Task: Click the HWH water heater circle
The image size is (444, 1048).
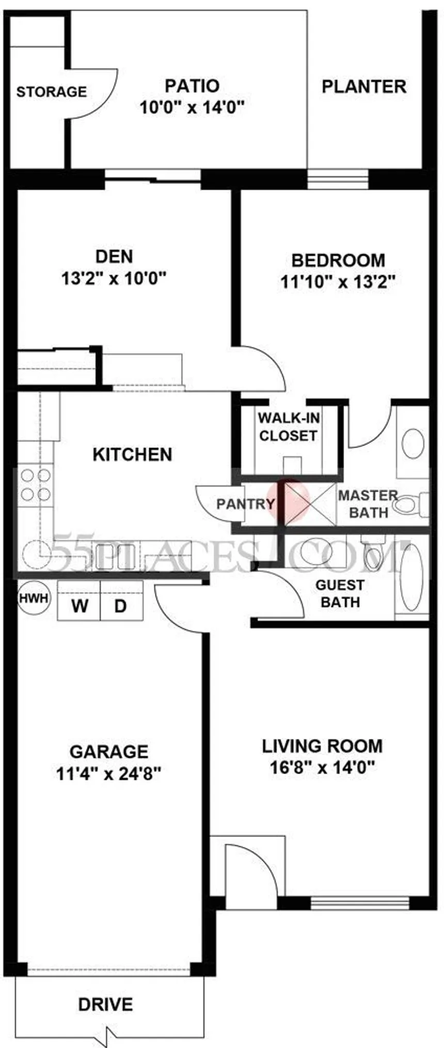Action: click(34, 598)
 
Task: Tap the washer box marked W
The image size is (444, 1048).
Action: click(79, 605)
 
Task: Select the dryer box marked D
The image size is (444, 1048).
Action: click(121, 605)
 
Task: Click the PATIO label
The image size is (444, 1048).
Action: click(192, 85)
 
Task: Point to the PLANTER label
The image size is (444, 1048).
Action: click(364, 86)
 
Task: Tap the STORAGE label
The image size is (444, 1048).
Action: click(52, 92)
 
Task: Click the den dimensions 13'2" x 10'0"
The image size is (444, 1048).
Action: click(114, 279)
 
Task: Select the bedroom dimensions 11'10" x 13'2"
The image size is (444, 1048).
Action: click(338, 282)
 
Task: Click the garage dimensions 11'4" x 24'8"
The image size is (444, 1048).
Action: click(109, 774)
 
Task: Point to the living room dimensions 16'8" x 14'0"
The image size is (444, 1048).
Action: click(322, 768)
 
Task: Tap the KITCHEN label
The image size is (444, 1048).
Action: click(132, 455)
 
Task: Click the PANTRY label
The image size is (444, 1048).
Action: click(246, 504)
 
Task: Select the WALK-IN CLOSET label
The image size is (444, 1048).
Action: click(288, 427)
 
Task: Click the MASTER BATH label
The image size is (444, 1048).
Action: click(368, 504)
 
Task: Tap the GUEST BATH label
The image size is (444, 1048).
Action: click(340, 593)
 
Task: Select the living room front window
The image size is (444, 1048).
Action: click(360, 903)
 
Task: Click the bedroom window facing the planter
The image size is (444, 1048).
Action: click(338, 179)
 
